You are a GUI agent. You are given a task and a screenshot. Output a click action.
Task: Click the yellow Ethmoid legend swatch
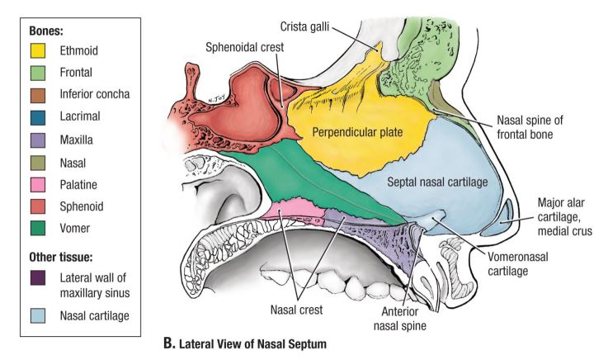(x=36, y=50)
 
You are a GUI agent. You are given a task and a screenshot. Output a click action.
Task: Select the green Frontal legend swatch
(x=36, y=72)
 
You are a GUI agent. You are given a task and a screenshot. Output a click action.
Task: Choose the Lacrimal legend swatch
(x=36, y=116)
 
